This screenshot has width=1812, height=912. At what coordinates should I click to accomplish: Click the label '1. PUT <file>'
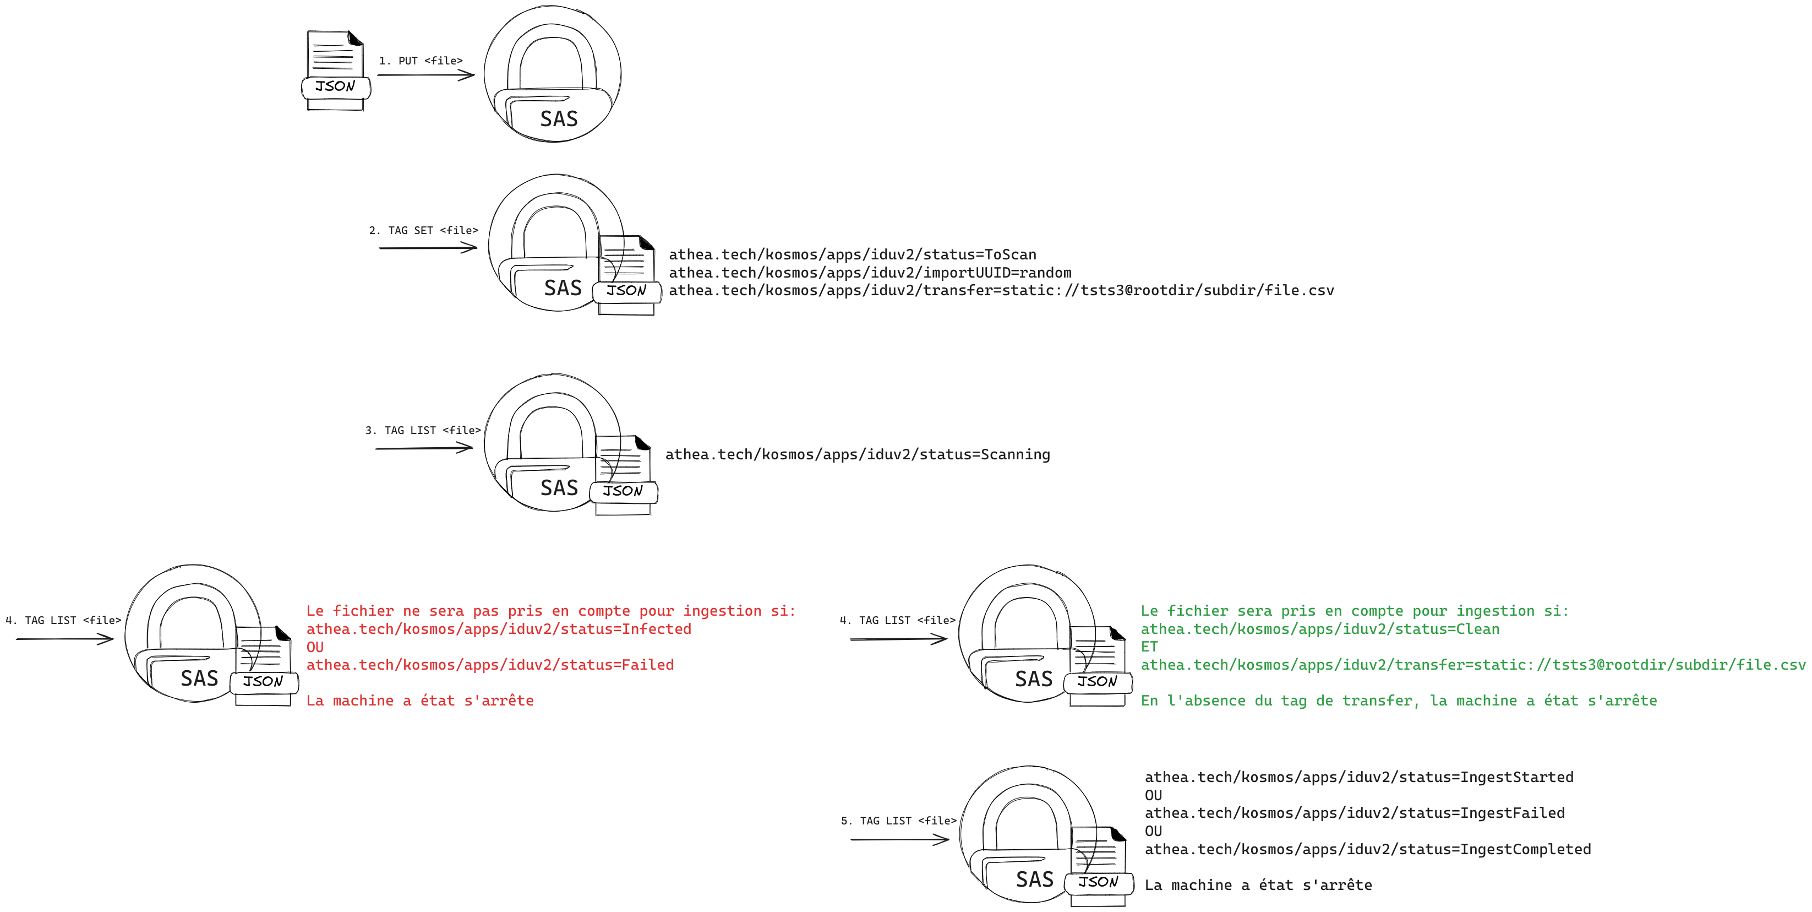point(421,61)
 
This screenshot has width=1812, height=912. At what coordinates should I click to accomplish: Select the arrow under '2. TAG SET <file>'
point(428,248)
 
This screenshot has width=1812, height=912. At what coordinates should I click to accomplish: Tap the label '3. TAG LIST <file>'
point(423,430)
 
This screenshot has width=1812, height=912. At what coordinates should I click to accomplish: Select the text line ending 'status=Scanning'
point(858,454)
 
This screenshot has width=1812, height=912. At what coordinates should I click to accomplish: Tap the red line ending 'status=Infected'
point(498,629)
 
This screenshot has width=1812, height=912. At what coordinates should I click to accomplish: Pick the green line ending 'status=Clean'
point(1319,629)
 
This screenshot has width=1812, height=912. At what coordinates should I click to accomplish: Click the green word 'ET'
point(1149,647)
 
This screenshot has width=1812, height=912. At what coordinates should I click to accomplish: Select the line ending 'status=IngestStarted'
point(1358,778)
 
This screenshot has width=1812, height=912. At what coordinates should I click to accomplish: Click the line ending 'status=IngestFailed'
point(1354,813)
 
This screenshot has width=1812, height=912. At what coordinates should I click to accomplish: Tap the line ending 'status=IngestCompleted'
point(1367,849)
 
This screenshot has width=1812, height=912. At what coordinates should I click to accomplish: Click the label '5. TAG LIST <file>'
point(898,821)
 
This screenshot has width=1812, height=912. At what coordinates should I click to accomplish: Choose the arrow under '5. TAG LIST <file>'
point(899,839)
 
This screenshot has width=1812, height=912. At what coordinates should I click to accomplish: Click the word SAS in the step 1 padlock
point(559,119)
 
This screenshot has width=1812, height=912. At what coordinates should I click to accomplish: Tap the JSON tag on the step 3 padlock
point(623,491)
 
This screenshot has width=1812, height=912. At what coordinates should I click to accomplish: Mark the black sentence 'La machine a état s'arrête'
point(1258,885)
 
